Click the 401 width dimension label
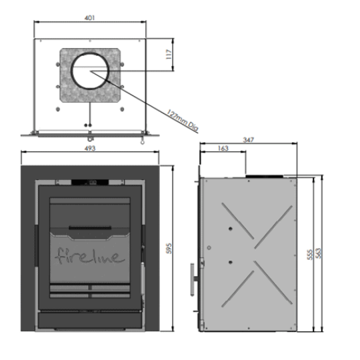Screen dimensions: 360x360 89,18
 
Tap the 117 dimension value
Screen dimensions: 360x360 169,54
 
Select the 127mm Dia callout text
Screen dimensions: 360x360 182,121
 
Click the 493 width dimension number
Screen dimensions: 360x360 90,148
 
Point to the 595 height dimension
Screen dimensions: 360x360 169,248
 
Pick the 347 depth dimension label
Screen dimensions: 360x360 249,139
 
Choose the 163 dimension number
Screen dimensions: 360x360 223,148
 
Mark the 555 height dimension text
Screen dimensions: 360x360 310,255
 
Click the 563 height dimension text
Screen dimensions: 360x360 319,253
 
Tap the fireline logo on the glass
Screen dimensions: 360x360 90,255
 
